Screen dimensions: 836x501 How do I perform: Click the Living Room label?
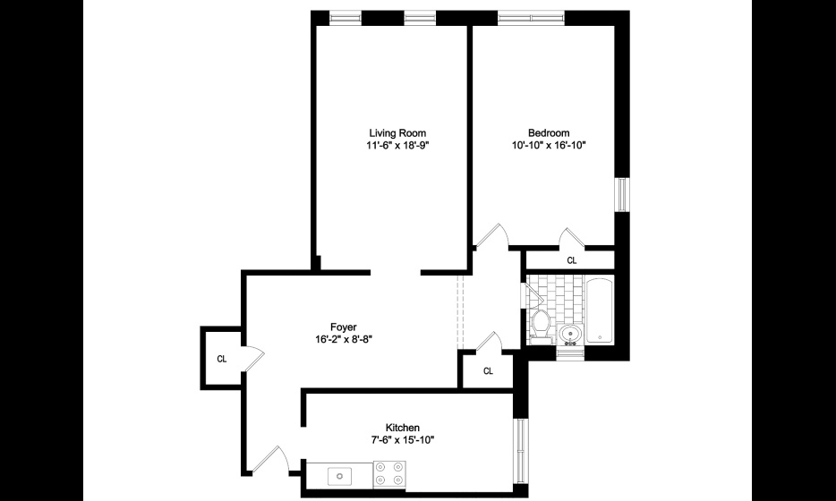[397, 133]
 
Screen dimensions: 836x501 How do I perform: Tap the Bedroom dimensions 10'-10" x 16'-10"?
[549, 144]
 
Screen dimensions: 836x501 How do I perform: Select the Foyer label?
[344, 327]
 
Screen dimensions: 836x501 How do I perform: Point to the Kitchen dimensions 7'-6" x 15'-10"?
[403, 439]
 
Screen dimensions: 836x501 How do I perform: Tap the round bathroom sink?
[570, 335]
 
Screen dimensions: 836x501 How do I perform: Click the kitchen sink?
[338, 475]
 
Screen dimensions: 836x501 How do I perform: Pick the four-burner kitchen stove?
[388, 473]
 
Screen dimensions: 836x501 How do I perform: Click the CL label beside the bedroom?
[572, 260]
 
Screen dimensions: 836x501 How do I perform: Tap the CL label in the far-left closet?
[222, 360]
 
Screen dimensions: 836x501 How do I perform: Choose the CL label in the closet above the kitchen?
[488, 371]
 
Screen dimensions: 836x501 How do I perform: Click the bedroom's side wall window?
[622, 194]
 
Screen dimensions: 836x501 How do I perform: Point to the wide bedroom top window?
[531, 18]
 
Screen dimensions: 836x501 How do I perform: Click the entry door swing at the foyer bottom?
[271, 460]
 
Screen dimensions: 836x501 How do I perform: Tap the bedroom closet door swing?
[573, 238]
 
